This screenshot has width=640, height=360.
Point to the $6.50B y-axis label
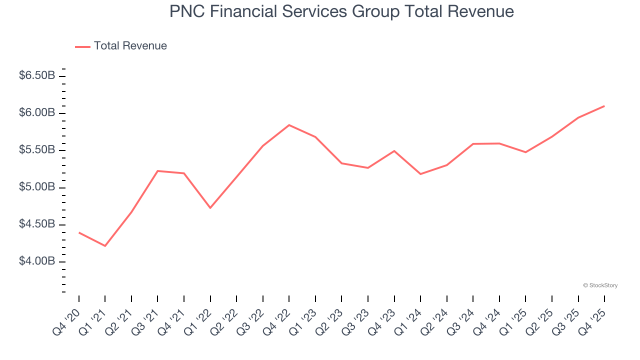pyautogui.click(x=36, y=76)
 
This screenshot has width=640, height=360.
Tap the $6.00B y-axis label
pyautogui.click(x=36, y=113)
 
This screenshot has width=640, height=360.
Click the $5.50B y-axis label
pyautogui.click(x=36, y=150)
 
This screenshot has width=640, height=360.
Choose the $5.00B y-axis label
pyautogui.click(x=36, y=187)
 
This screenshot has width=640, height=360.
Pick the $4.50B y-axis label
pyautogui.click(x=36, y=224)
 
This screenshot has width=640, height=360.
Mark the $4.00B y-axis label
pyautogui.click(x=36, y=261)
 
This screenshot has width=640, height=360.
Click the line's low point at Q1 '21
pyautogui.click(x=105, y=246)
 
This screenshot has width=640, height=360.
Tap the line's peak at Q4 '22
pyautogui.click(x=289, y=125)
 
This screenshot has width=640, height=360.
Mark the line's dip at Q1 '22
pyautogui.click(x=210, y=207)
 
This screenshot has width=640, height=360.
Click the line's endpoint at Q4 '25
pyautogui.click(x=604, y=106)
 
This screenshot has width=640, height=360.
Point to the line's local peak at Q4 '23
pyautogui.click(x=394, y=151)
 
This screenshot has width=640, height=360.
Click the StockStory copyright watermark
pyautogui.click(x=600, y=285)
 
